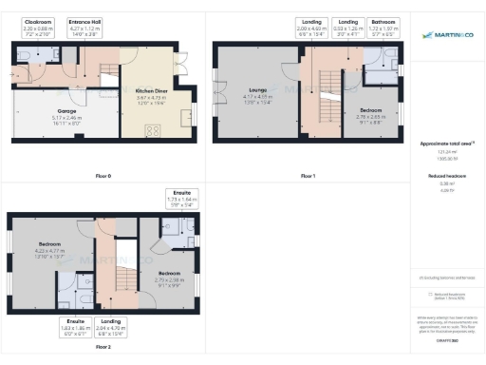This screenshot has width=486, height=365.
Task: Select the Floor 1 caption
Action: point(308,176)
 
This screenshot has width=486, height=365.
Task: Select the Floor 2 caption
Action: point(103,348)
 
